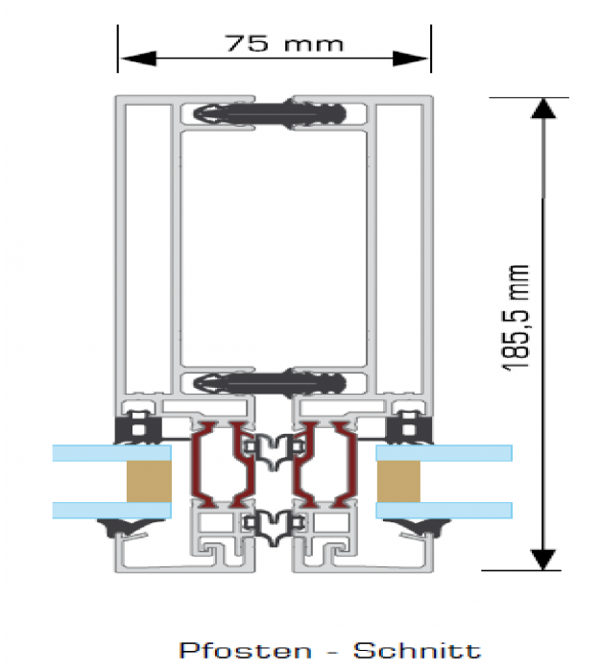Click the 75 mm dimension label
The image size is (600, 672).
(x=284, y=43)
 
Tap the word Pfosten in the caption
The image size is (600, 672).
(x=245, y=651)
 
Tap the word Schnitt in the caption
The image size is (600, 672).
(x=417, y=651)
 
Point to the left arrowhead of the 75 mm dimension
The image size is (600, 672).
(x=138, y=59)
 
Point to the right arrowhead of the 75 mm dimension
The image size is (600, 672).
(x=411, y=59)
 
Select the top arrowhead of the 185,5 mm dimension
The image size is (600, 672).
(x=543, y=108)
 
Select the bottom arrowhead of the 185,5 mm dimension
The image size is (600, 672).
(x=543, y=560)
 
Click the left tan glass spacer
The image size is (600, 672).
(x=149, y=481)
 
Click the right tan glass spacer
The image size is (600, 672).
(x=398, y=481)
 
